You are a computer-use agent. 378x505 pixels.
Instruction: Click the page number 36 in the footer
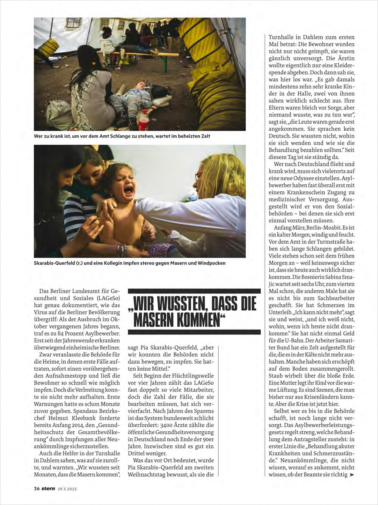coord(37,489)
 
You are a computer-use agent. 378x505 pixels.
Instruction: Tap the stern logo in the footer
coord(48,488)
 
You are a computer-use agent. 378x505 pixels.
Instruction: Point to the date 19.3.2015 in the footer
coord(67,489)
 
